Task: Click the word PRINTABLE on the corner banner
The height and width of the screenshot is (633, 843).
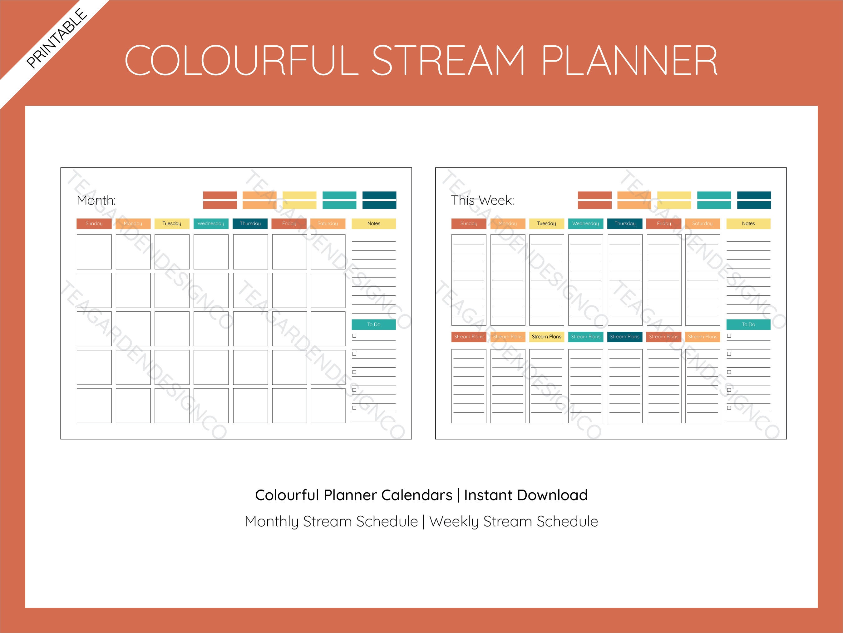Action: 57,38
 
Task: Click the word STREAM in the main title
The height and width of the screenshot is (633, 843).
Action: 448,60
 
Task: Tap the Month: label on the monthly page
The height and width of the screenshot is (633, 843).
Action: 96,200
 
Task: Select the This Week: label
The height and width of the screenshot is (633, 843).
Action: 482,200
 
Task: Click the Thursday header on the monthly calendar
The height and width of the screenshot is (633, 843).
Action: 250,224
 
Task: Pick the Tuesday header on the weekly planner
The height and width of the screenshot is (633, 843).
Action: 546,224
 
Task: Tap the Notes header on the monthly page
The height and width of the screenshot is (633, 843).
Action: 373,224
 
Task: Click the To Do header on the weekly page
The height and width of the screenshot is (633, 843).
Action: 748,324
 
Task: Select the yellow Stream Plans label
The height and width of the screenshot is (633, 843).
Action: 546,337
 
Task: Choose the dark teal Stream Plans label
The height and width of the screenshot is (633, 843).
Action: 625,337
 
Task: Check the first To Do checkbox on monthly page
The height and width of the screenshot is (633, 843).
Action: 354,336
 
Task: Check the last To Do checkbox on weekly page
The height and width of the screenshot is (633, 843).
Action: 729,408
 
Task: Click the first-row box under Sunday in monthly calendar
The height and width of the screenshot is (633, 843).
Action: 94,252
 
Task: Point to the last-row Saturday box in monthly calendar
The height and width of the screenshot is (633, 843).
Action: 328,406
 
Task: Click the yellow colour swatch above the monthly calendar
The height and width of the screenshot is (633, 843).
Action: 299,200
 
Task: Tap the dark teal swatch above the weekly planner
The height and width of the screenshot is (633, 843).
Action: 754,200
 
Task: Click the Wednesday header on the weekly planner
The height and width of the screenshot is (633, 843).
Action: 585,224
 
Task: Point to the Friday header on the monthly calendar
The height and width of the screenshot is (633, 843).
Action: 289,224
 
